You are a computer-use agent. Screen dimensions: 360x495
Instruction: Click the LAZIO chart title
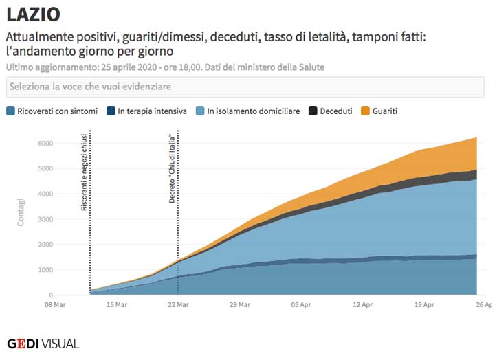(33, 14)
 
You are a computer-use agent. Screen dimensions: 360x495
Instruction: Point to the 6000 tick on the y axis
(45, 143)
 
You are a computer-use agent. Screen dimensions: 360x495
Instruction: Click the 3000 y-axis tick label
(45, 219)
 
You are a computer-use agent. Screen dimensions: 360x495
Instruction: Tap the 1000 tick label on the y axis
(45, 270)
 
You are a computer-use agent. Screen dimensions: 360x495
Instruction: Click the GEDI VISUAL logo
(43, 344)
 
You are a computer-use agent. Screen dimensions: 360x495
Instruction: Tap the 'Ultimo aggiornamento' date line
(165, 67)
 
